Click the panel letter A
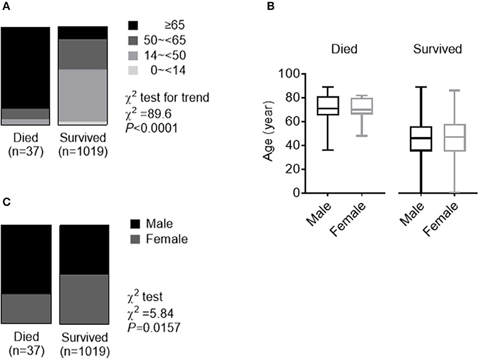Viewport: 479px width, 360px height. pyautogui.click(x=4, y=7)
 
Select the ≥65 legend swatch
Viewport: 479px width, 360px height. pyautogui.click(x=133, y=26)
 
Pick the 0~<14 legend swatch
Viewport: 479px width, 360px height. pyautogui.click(x=133, y=69)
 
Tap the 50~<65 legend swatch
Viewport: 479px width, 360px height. pyautogui.click(x=133, y=40)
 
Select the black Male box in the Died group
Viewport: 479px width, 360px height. pyautogui.click(x=324, y=106)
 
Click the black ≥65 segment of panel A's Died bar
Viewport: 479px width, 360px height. pyautogui.click(x=25, y=68)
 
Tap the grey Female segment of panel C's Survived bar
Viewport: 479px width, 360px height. pyautogui.click(x=84, y=299)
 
